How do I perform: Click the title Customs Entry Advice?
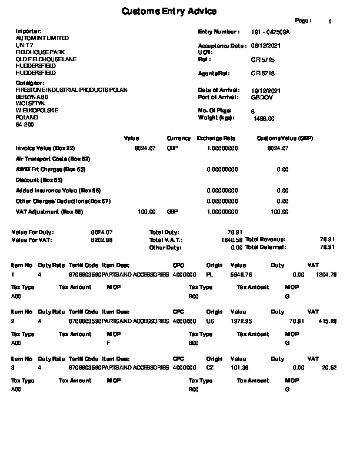pyautogui.click(x=169, y=11)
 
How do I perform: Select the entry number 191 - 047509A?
pyautogui.click(x=271, y=31)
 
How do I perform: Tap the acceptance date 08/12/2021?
pyautogui.click(x=264, y=45)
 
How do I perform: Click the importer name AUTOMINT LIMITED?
pyautogui.click(x=42, y=38)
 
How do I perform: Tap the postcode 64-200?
pyautogui.click(x=25, y=125)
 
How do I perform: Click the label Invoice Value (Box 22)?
pyautogui.click(x=45, y=148)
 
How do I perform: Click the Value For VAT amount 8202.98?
pyautogui.click(x=102, y=240)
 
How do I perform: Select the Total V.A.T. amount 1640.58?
pyautogui.click(x=232, y=240)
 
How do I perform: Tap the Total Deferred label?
pyautogui.click(x=265, y=247)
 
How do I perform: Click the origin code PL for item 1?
pyautogui.click(x=209, y=275)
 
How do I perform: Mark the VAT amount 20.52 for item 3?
pyautogui.click(x=329, y=368)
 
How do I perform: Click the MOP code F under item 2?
pyautogui.click(x=108, y=342)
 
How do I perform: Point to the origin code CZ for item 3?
pyautogui.click(x=210, y=368)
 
